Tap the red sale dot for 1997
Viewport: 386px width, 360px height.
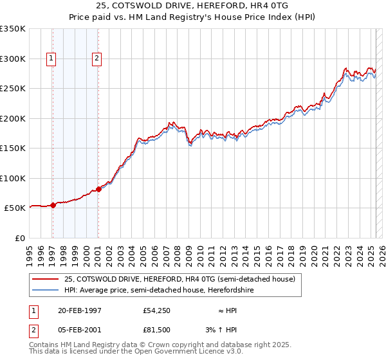pos(53,206)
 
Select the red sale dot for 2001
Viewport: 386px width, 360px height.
pos(98,189)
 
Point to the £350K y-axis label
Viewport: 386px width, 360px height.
pos(13,29)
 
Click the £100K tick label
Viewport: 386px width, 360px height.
pos(13,178)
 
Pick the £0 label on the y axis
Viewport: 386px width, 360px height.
pos(21,238)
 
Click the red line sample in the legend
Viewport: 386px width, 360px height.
pos(45,279)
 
